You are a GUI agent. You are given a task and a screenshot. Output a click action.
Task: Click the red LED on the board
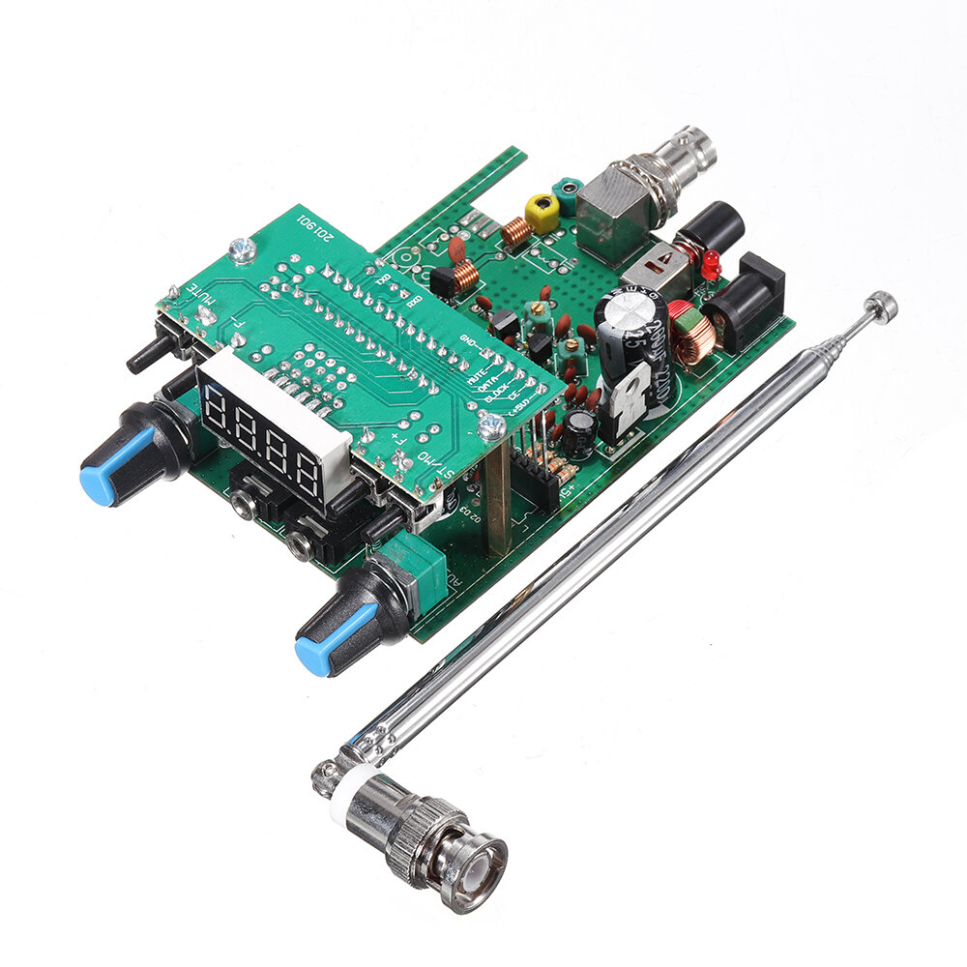(x=710, y=262)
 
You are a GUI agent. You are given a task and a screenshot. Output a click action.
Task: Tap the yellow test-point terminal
(x=542, y=210)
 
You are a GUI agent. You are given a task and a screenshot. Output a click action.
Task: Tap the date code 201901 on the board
(x=320, y=225)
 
